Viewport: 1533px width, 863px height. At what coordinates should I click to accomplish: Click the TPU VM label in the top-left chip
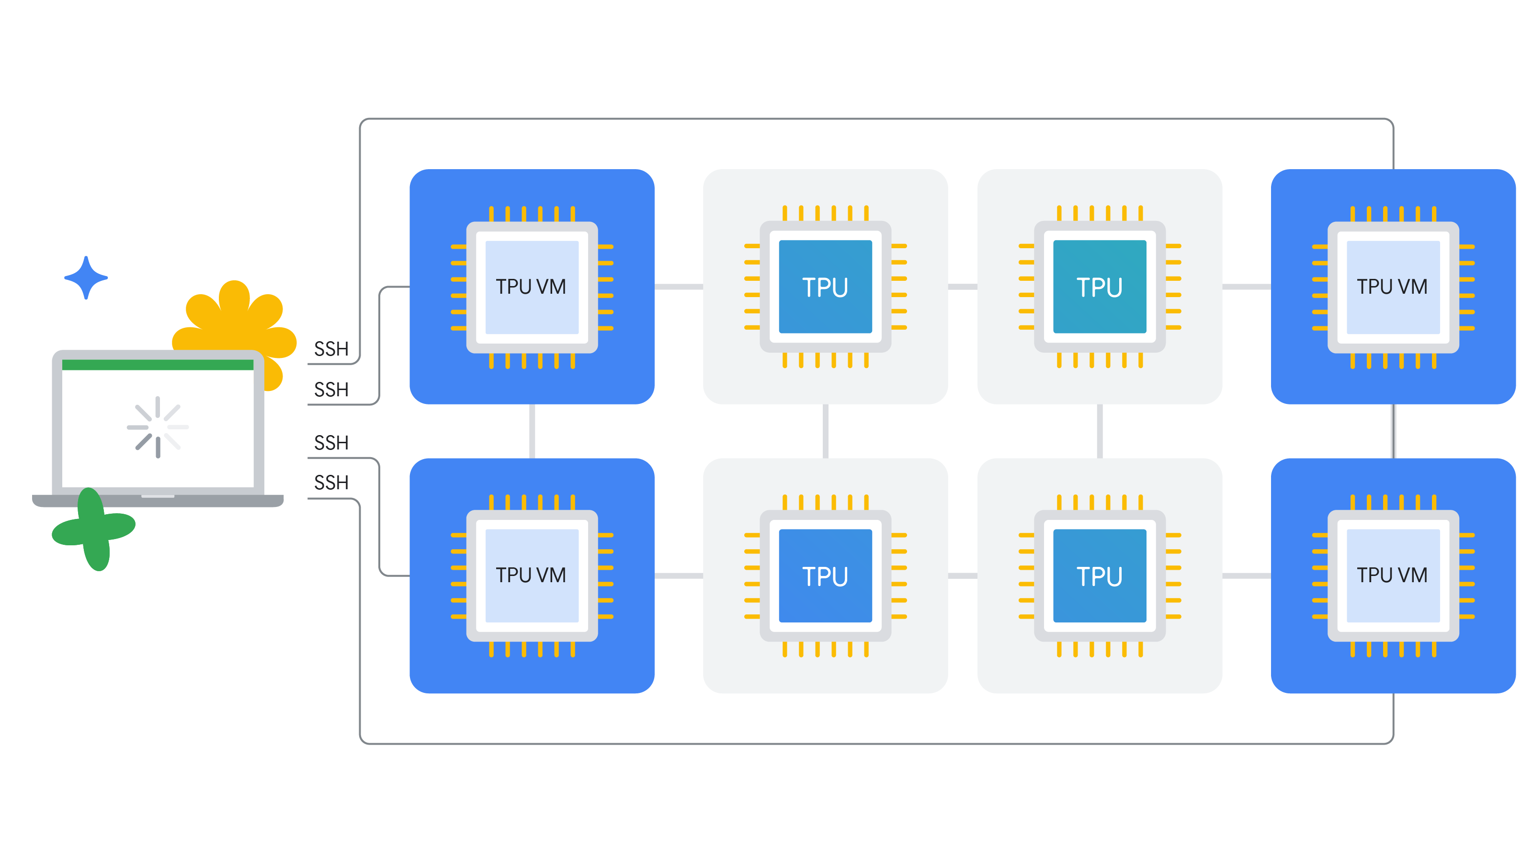[x=531, y=287]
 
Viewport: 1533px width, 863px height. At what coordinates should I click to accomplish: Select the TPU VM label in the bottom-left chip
[x=531, y=575]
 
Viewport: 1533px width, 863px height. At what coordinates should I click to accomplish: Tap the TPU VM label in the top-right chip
[x=1392, y=287]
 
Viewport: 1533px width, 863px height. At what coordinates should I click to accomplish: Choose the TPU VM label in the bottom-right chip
[x=1392, y=575]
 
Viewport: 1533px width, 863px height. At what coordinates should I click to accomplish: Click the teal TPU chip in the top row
[x=1100, y=287]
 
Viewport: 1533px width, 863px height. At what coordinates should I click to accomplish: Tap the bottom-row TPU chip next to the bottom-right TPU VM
[x=1100, y=575]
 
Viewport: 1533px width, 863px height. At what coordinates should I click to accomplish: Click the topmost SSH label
[x=331, y=349]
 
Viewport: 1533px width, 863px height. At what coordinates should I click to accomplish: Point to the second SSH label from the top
[x=331, y=390]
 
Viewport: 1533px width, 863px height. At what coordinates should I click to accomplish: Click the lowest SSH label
[x=331, y=483]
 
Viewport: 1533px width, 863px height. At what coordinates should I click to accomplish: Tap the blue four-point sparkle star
[x=86, y=277]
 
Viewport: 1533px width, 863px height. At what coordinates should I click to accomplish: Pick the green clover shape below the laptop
[x=94, y=529]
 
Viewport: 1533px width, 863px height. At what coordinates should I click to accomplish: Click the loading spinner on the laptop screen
[x=158, y=427]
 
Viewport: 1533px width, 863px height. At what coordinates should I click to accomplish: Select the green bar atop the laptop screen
[x=158, y=365]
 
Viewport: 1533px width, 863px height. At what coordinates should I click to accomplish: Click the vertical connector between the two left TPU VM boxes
[x=532, y=431]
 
